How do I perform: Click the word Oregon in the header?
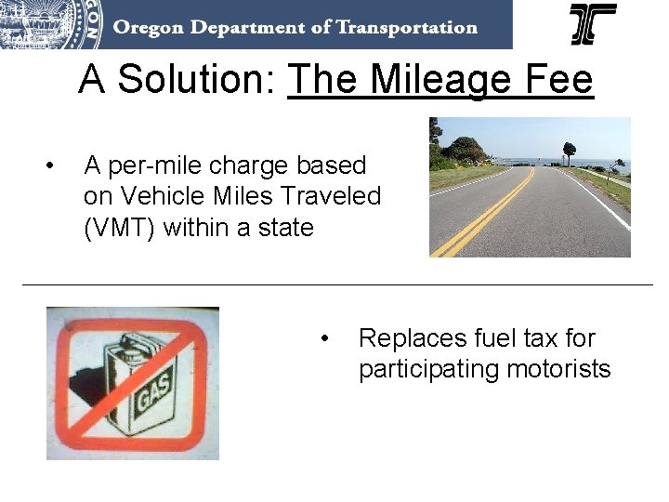coord(148,26)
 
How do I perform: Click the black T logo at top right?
coord(592,24)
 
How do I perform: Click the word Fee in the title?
coord(558,80)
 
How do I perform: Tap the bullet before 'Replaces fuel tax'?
coord(324,338)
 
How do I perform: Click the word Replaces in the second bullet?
coord(412,338)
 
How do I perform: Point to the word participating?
coord(428,369)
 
